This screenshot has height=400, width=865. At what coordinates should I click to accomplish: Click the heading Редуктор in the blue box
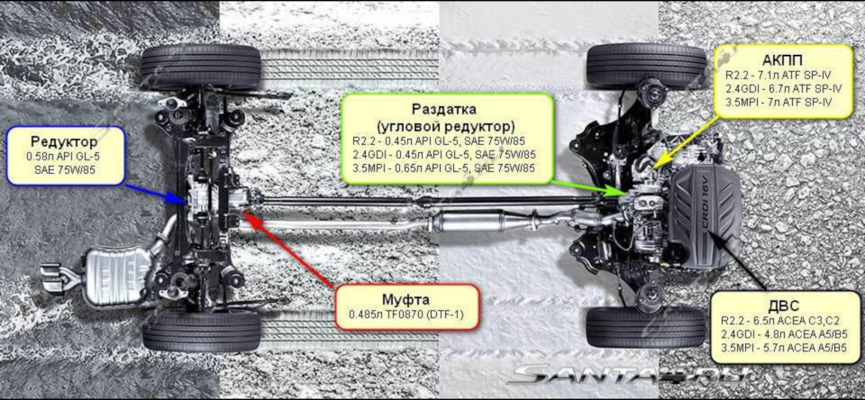(64, 141)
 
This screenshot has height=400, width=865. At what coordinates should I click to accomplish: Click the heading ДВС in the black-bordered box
(783, 304)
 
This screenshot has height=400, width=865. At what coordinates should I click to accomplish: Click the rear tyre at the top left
(200, 66)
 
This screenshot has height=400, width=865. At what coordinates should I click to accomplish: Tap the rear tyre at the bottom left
(200, 331)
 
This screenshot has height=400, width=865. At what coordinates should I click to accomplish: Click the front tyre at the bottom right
(645, 327)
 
